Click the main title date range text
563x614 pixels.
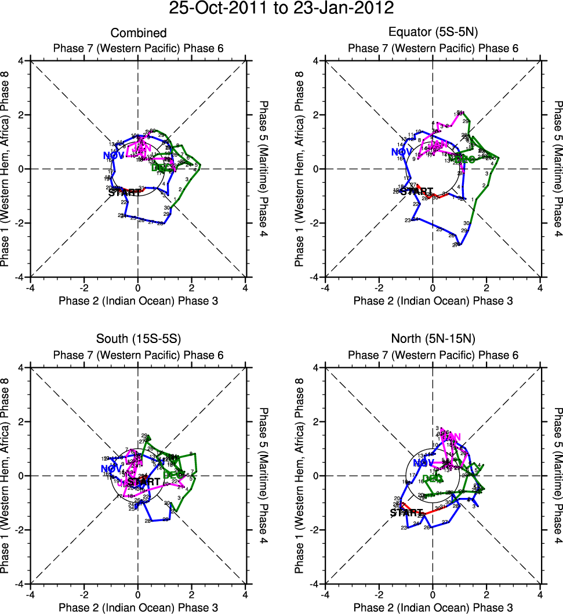(281, 9)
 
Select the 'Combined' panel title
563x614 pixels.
(139, 33)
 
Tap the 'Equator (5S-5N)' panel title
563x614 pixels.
(433, 33)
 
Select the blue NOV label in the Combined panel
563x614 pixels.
(113, 156)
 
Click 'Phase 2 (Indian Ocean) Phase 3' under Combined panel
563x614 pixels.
(139, 301)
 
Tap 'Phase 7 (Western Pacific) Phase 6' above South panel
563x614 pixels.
(139, 355)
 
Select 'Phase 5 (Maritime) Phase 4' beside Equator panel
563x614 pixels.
(557, 169)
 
